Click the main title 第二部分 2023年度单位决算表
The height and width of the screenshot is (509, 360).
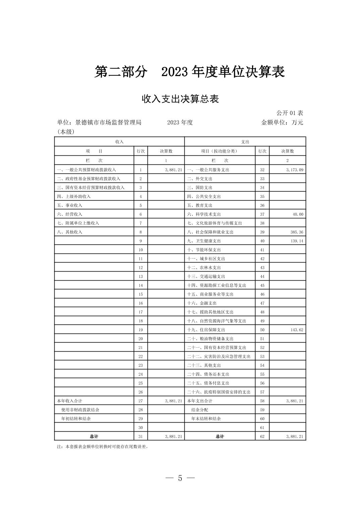coord(189,72)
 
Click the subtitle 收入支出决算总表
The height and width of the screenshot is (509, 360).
coord(180,99)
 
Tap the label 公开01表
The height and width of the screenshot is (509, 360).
coord(290,113)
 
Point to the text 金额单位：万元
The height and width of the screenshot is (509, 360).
coord(282,123)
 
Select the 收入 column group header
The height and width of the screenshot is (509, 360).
coord(119,142)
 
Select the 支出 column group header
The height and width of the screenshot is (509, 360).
coord(245,142)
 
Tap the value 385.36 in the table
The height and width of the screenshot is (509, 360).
coord(296,232)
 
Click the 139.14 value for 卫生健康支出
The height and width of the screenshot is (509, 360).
coord(296,241)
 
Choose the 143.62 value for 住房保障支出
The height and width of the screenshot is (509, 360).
coord(296,330)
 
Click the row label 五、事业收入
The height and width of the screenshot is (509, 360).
coord(70,205)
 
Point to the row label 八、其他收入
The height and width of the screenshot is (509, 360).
coord(70,232)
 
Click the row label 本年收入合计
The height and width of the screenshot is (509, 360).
coord(70,401)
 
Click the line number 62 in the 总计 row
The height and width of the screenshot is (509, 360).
coord(262,436)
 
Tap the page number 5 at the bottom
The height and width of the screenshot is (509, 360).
coord(180,478)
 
